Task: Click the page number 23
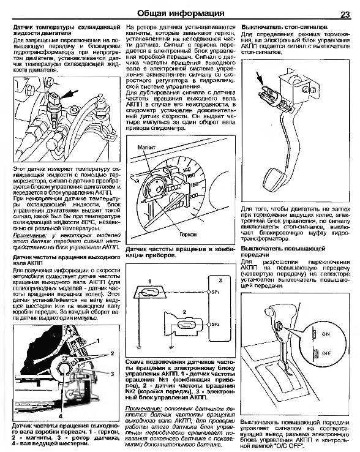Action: (345, 15)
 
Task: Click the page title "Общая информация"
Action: (181, 13)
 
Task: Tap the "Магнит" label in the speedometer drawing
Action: (146, 148)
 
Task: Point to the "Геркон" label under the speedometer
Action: (188, 235)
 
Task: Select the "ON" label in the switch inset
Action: (326, 334)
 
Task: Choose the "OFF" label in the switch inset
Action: (326, 353)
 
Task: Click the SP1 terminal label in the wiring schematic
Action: (215, 292)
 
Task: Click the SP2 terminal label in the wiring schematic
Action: (215, 324)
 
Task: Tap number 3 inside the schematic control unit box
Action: (220, 280)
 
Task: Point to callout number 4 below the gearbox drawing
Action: (61, 416)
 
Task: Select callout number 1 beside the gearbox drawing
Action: (98, 341)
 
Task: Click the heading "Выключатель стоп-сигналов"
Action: (284, 28)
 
